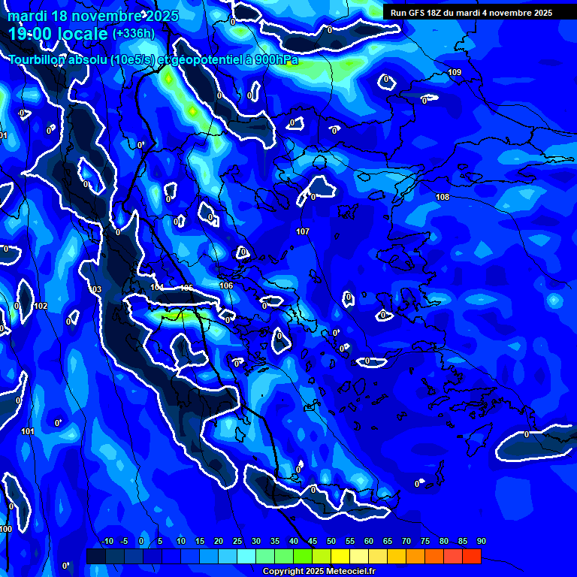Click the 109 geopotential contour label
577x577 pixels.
click(x=455, y=72)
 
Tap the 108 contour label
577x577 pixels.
click(x=443, y=197)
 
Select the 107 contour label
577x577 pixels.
click(x=303, y=231)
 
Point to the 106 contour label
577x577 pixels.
click(x=226, y=285)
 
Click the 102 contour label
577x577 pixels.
click(x=41, y=306)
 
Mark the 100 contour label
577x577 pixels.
click(x=6, y=529)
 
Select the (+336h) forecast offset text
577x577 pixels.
click(x=134, y=33)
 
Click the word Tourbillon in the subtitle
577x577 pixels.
click(x=37, y=59)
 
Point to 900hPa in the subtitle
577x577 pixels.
click(x=273, y=59)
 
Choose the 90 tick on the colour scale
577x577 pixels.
click(x=481, y=541)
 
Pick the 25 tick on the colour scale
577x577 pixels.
click(x=237, y=541)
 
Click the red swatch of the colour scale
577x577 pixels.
click(x=471, y=556)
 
